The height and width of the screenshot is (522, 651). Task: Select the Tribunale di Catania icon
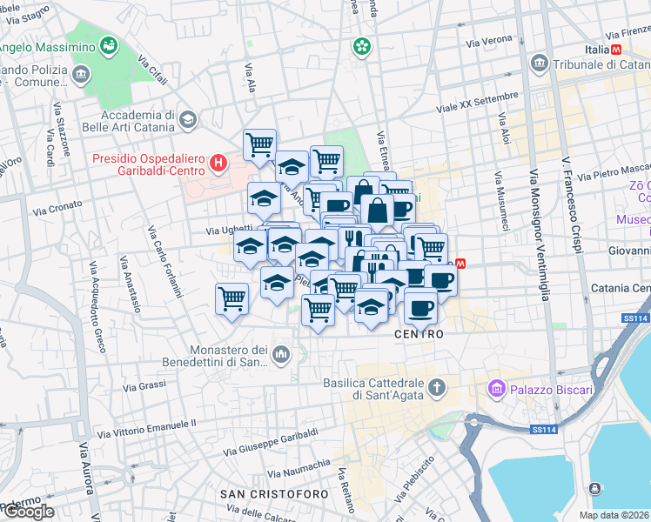click(539, 64)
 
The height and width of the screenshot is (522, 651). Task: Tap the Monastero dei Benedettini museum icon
click(281, 354)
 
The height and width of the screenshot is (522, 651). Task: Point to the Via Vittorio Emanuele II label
click(148, 429)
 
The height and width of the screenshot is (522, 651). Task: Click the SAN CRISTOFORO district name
click(274, 494)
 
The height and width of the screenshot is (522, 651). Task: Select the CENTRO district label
click(419, 334)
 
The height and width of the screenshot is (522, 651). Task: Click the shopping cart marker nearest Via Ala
click(259, 144)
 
